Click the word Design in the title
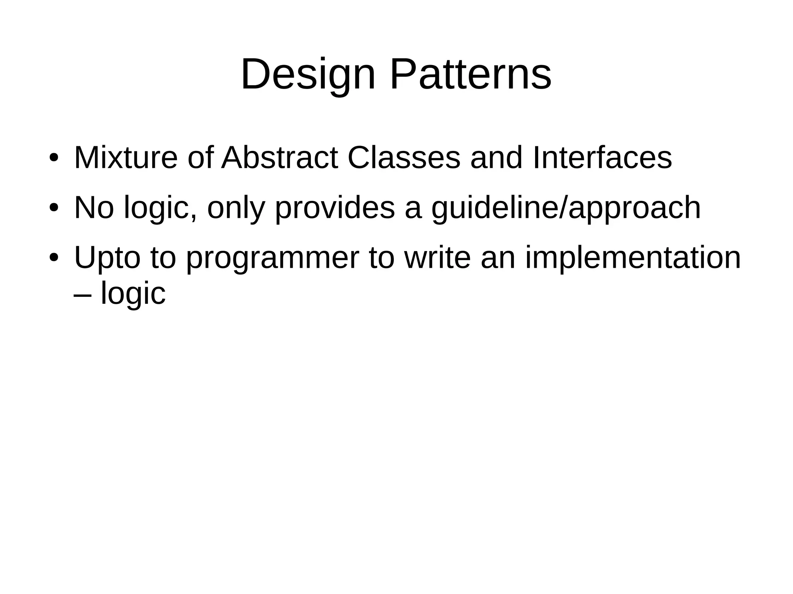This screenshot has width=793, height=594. pyautogui.click(x=308, y=74)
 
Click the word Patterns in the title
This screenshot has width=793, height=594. pyautogui.click(x=470, y=74)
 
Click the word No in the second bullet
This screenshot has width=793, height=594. pyautogui.click(x=94, y=208)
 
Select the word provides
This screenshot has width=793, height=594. pyautogui.click(x=335, y=208)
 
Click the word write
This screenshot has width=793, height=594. pyautogui.click(x=437, y=258)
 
